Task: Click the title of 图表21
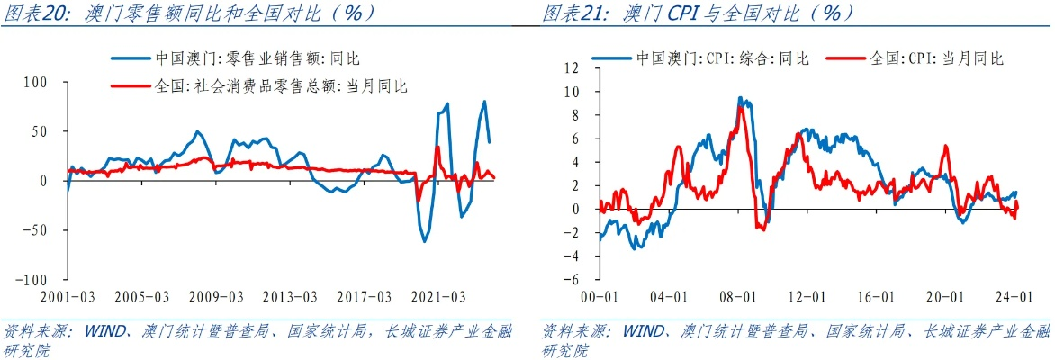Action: [x=698, y=13]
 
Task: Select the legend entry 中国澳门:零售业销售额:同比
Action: [x=257, y=58]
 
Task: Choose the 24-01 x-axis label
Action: [x=1014, y=296]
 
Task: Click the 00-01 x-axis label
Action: [x=600, y=296]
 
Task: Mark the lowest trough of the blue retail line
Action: [x=425, y=241]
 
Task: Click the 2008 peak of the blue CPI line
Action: [x=740, y=97]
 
